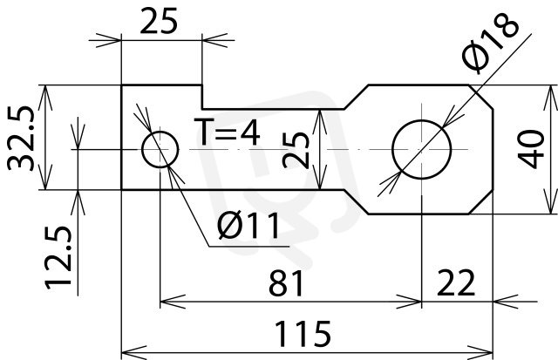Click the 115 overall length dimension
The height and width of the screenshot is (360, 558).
(303, 333)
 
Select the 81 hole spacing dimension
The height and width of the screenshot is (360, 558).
(287, 283)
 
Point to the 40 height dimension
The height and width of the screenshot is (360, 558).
(531, 149)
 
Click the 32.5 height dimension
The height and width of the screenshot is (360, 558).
(21, 138)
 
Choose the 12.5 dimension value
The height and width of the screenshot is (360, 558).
(58, 257)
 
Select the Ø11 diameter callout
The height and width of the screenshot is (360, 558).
(248, 226)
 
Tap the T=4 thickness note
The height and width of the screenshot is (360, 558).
(227, 132)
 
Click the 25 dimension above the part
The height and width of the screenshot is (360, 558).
(159, 21)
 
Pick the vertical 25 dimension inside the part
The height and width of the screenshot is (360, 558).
(296, 150)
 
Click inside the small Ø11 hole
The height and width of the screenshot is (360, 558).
(160, 149)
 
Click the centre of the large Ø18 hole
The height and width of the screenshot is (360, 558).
(422, 149)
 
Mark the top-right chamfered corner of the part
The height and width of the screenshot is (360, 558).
(480, 97)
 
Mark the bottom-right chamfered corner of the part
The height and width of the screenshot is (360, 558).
(480, 202)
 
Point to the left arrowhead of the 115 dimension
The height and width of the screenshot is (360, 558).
(133, 352)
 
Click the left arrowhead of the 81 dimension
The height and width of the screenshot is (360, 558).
(173, 302)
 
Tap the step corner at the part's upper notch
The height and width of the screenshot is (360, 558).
(202, 109)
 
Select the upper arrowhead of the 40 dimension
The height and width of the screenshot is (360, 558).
(550, 98)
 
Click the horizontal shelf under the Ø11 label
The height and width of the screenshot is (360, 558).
(248, 246)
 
